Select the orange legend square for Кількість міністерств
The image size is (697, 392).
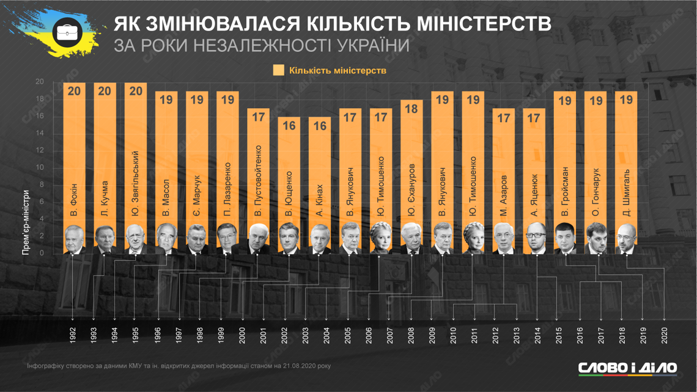[x=279, y=70]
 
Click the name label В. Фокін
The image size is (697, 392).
[x=74, y=198]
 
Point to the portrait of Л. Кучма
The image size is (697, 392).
[x=105, y=239]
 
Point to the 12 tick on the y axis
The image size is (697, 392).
[x=40, y=151]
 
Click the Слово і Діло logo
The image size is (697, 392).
[x=627, y=368]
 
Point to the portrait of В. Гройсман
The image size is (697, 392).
[x=565, y=239]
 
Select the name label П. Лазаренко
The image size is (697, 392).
[x=227, y=190]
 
